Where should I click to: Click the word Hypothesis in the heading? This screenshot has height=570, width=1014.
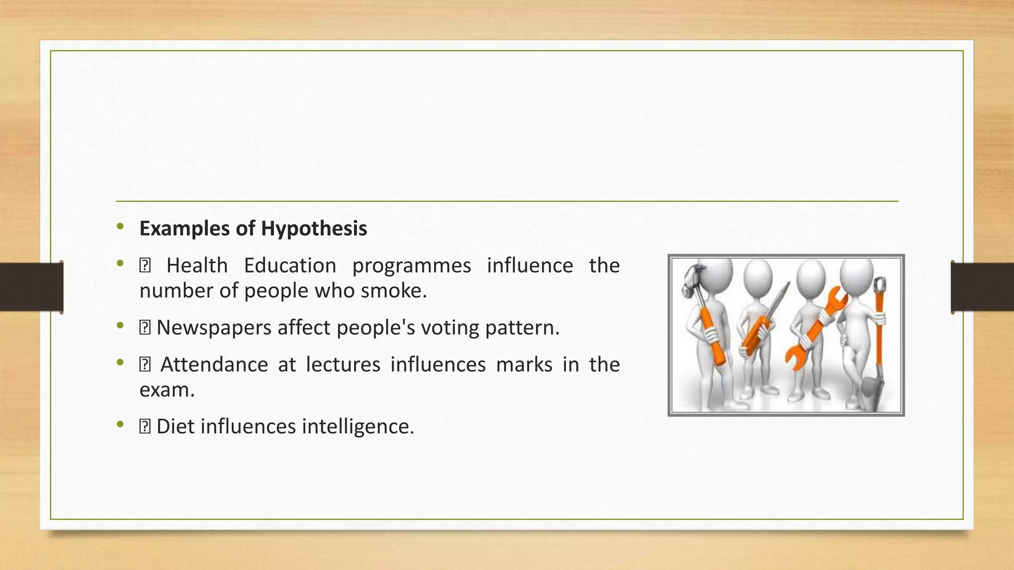coord(314,229)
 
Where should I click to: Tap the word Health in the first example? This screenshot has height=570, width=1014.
coord(197,266)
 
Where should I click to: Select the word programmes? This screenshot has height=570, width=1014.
coord(411,266)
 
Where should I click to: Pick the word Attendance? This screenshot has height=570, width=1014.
coord(214,365)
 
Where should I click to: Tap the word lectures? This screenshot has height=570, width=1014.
coord(343,365)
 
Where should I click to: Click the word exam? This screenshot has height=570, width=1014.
coord(167,390)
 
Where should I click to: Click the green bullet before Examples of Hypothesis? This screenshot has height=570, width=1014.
coord(120,227)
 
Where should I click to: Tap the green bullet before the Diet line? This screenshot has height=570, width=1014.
coord(120,425)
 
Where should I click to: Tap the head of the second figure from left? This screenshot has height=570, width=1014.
coord(758,277)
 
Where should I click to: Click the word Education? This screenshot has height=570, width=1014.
coord(290,266)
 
